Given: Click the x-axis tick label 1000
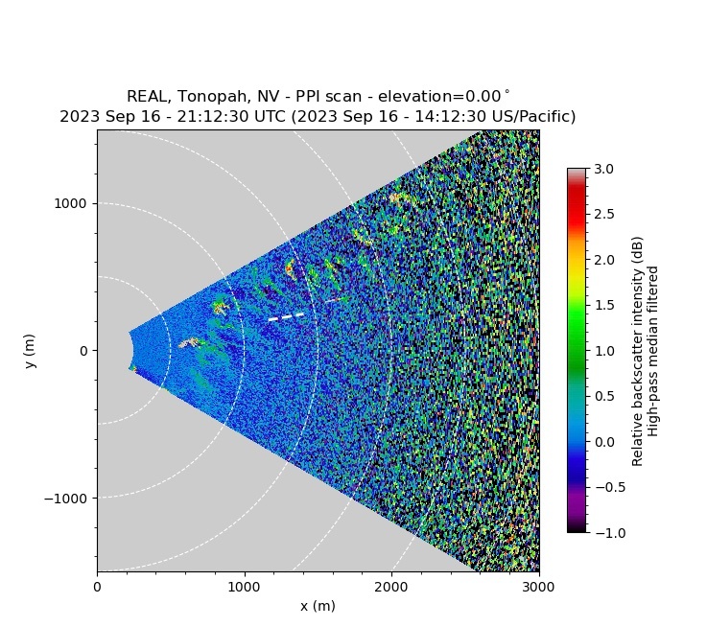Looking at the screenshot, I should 244,586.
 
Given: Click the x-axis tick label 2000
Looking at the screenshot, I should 391,586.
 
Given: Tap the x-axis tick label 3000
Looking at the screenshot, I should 538,586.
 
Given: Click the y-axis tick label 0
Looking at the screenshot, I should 84,351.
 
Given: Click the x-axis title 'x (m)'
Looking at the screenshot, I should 318,606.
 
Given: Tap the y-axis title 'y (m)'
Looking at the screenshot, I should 31,351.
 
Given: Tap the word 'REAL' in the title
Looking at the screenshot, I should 146,97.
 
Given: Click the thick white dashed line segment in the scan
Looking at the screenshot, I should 286,316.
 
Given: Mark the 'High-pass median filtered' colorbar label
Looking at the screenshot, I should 654,351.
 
